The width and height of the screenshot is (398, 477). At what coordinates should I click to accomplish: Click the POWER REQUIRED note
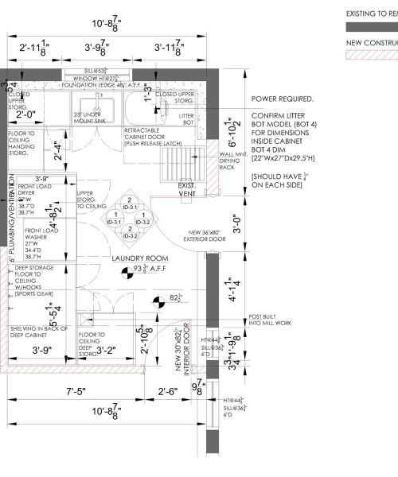click(282, 100)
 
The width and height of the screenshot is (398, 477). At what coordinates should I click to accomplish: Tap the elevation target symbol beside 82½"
click(159, 299)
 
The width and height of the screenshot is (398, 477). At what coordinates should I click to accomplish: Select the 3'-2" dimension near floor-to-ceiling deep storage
click(107, 348)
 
